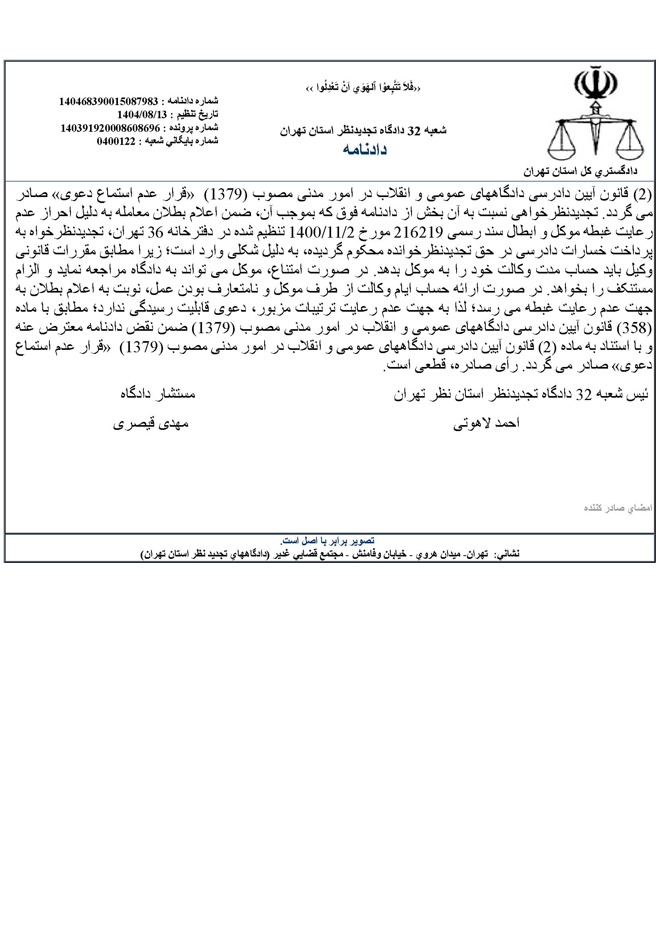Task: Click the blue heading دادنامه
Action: (365, 150)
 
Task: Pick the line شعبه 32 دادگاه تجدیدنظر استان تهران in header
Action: (363, 131)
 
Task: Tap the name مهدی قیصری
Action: (150, 424)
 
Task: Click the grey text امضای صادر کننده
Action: (618, 507)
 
